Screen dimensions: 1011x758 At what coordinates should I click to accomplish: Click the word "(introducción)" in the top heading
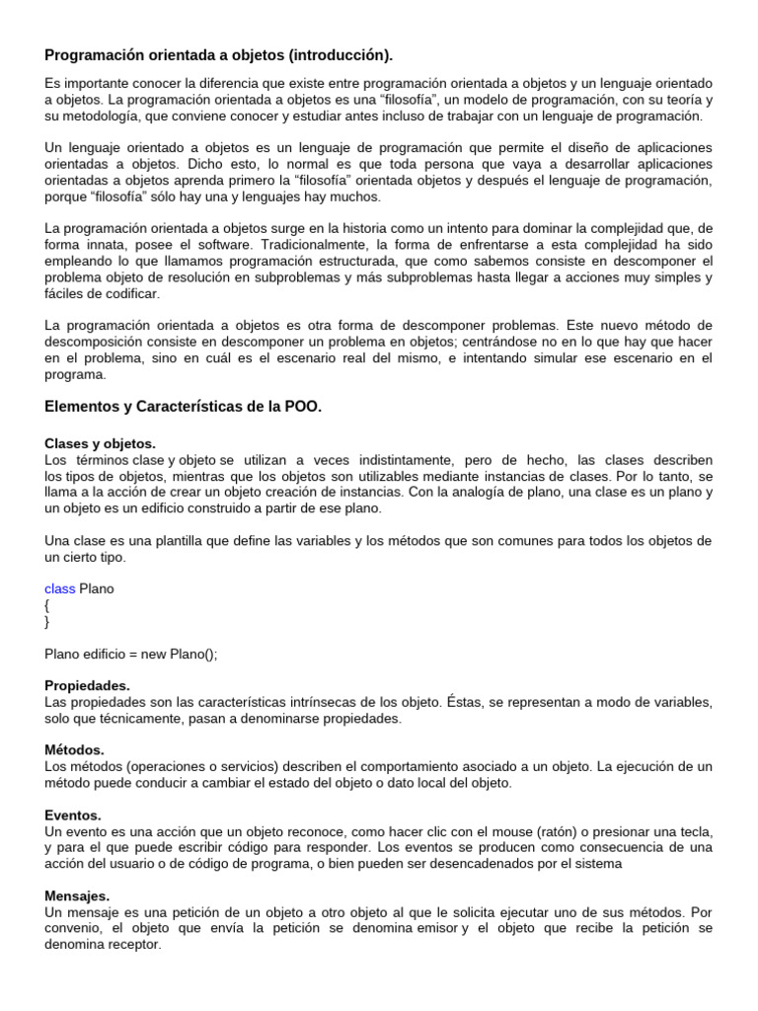(x=335, y=55)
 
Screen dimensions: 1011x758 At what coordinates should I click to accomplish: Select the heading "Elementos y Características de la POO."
(x=184, y=407)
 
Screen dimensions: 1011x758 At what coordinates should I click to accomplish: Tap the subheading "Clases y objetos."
(x=100, y=444)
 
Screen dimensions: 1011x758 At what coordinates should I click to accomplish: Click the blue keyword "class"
(x=60, y=588)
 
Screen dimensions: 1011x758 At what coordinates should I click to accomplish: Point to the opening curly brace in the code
(x=47, y=605)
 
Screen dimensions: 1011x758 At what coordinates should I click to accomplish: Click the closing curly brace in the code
(x=47, y=622)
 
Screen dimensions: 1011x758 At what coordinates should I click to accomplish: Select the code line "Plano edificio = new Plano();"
(x=130, y=654)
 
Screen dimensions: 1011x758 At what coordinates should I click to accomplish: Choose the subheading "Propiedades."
(x=87, y=685)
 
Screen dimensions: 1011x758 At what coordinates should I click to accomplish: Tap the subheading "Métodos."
(x=74, y=750)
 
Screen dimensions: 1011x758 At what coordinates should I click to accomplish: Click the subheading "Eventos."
(x=73, y=816)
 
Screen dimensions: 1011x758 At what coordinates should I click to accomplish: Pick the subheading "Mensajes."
(x=77, y=896)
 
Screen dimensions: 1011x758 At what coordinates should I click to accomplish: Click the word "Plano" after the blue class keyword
(x=97, y=588)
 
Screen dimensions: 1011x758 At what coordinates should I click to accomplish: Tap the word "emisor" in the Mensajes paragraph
(x=435, y=928)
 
